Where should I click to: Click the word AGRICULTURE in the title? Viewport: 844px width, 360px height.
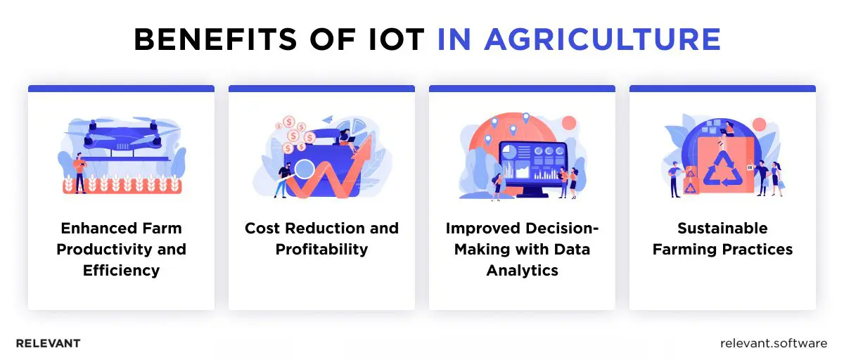(x=603, y=40)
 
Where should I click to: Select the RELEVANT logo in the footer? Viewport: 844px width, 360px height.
(x=48, y=344)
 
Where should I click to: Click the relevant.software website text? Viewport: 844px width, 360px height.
(x=774, y=344)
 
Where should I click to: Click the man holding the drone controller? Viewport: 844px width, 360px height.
(x=80, y=172)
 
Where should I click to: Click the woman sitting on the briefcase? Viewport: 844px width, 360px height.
(x=346, y=138)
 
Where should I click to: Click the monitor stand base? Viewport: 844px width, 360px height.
(x=532, y=195)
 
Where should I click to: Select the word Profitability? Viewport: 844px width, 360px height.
(x=321, y=250)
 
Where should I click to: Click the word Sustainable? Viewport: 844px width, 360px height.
(x=722, y=229)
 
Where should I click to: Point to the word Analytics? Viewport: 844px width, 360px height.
(x=521, y=271)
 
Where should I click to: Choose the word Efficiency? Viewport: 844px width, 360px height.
(x=121, y=271)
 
